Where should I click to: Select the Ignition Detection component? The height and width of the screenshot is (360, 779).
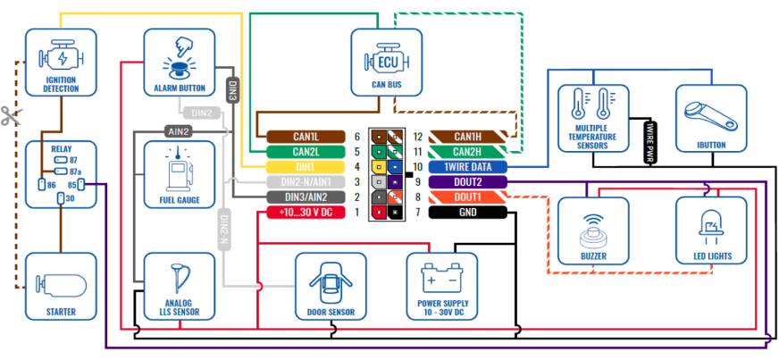[x=60, y=62]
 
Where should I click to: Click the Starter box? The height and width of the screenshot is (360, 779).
[x=60, y=287]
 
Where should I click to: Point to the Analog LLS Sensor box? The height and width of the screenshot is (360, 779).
[x=179, y=287]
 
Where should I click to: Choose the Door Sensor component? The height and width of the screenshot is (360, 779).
[x=331, y=287]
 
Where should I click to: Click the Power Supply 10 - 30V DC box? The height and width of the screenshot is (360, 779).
[x=441, y=287]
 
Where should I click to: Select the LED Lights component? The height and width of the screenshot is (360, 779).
[x=711, y=230]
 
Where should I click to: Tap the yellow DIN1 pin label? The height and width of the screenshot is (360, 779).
[x=306, y=166]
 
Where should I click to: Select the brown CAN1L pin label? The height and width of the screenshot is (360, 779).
[x=306, y=136]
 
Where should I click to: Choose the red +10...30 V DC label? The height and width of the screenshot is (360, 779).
[x=306, y=212]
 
